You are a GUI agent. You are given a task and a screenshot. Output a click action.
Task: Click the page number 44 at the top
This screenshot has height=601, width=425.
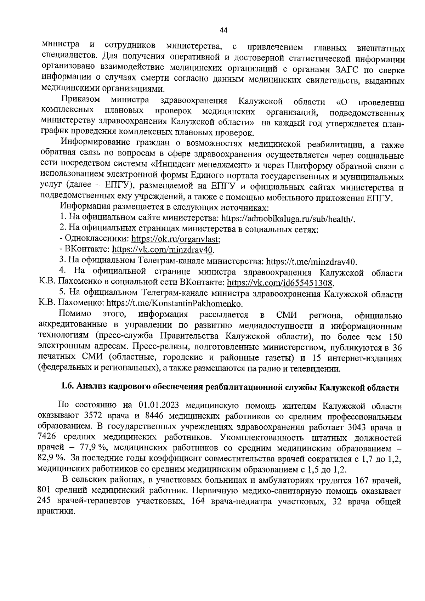click(223, 30)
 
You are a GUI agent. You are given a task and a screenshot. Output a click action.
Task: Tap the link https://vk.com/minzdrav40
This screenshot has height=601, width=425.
click(163, 250)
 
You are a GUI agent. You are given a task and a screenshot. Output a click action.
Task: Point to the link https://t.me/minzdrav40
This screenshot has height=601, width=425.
click(311, 262)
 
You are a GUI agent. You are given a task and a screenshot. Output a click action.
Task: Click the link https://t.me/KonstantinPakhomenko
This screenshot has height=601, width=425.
click(175, 304)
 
